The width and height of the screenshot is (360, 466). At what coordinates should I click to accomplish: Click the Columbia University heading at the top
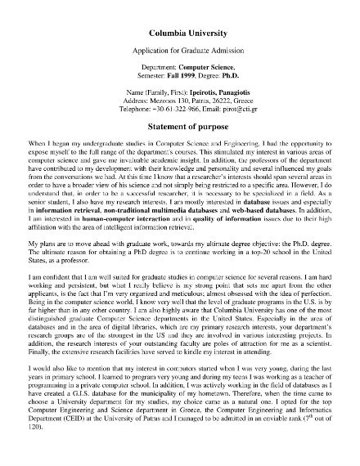pyautogui.click(x=180, y=34)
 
